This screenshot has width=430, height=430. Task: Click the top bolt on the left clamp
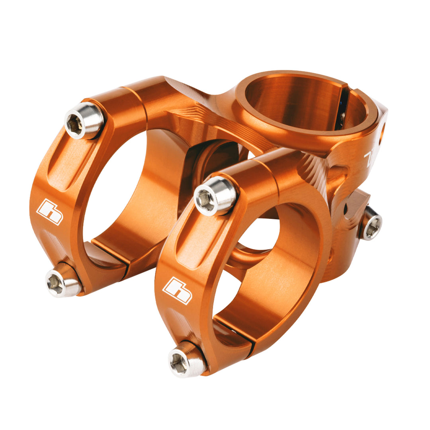point(84,121)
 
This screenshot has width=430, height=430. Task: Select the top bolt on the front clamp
point(215,195)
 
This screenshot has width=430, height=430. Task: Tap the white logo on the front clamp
point(177,290)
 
